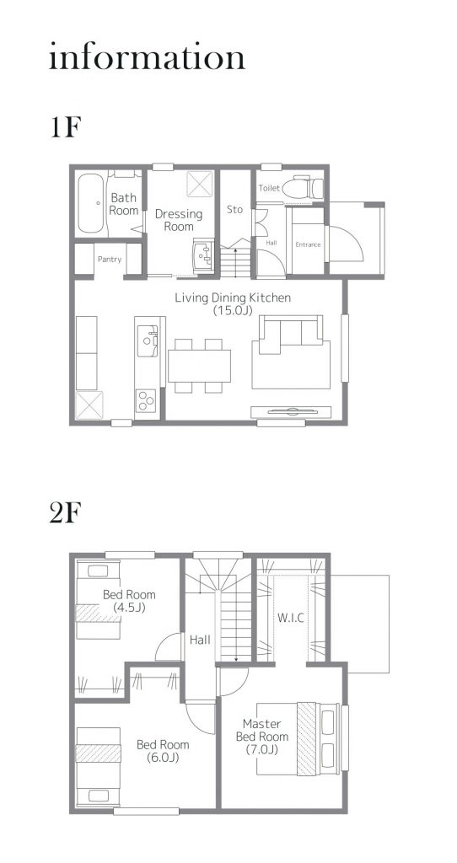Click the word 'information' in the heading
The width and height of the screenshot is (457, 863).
(x=147, y=56)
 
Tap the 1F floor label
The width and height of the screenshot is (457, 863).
(x=66, y=128)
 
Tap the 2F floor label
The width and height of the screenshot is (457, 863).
(x=66, y=513)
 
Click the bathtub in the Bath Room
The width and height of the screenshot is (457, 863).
(x=90, y=203)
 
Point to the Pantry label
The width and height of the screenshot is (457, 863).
(x=110, y=259)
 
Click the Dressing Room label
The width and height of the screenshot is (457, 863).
(x=179, y=220)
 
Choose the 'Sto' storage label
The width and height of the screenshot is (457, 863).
(x=235, y=209)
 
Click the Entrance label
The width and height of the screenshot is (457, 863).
(x=309, y=244)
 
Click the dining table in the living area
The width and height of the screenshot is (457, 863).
(x=199, y=366)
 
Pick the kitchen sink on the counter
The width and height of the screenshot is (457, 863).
(x=147, y=340)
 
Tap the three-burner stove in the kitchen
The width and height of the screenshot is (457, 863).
(x=146, y=400)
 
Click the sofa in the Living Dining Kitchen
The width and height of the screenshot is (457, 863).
(x=291, y=352)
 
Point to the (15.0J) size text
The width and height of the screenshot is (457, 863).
(x=233, y=310)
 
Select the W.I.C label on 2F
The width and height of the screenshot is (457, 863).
(x=290, y=618)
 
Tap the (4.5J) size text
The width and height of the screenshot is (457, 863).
(x=129, y=608)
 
